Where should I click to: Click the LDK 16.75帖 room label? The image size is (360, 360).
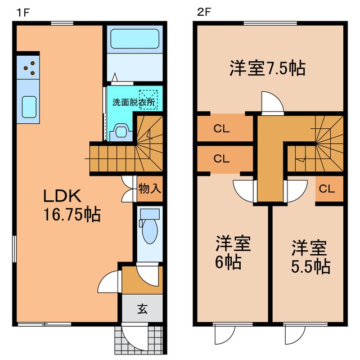click(72, 205)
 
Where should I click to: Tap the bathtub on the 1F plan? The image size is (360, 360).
click(136, 39)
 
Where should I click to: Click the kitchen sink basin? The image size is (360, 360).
click(29, 105)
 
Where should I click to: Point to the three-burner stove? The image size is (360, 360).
click(29, 67)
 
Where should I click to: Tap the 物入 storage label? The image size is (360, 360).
click(150, 188)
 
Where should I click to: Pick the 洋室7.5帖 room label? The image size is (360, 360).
click(267, 68)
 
